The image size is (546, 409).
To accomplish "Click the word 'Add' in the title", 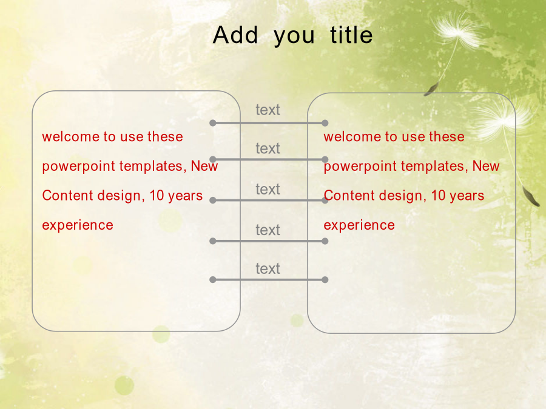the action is (235, 35).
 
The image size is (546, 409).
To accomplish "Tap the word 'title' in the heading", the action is (351, 35).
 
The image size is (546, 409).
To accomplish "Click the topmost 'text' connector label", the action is (268, 110).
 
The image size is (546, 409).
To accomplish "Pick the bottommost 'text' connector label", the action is (268, 269).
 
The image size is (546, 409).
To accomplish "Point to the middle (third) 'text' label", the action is (268, 190).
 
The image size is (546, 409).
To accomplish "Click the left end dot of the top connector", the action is (213, 123).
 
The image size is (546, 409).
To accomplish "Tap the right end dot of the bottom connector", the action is (325, 279).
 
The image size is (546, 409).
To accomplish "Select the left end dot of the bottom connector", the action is (213, 279).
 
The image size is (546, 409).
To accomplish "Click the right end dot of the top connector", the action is (325, 123).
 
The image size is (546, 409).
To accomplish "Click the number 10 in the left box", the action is (157, 196).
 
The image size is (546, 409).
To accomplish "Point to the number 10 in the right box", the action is (438, 196).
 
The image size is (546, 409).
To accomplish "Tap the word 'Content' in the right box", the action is (349, 196).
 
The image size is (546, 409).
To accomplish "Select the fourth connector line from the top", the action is (269, 241).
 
